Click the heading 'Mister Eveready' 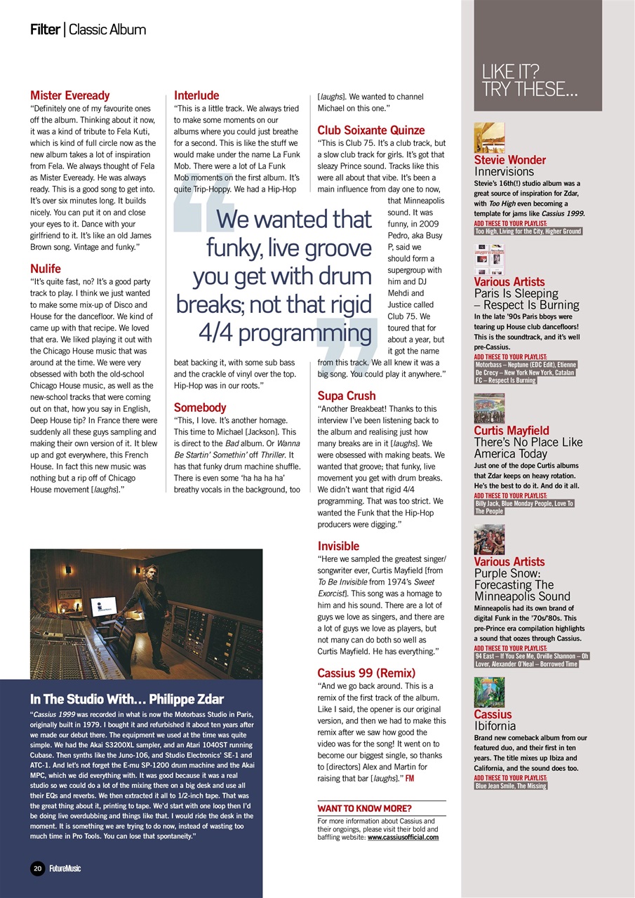tap(70, 95)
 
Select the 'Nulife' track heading tap(46, 269)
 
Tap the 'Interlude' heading tap(196, 95)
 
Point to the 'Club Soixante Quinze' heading tap(370, 130)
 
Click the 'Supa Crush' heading tap(346, 396)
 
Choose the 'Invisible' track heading tap(338, 546)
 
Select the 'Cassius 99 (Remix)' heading tap(366, 673)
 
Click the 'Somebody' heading tap(200, 408)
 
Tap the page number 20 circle tap(38, 869)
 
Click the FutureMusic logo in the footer tap(65, 869)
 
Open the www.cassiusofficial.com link tap(403, 837)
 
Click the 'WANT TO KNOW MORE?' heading tap(364, 808)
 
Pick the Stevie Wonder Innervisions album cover tap(489, 138)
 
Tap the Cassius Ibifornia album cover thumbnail tap(489, 692)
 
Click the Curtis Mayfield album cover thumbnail tap(489, 408)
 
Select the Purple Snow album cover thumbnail tap(489, 540)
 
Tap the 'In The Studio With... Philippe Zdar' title tap(127, 699)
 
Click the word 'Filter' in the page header tap(44, 29)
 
